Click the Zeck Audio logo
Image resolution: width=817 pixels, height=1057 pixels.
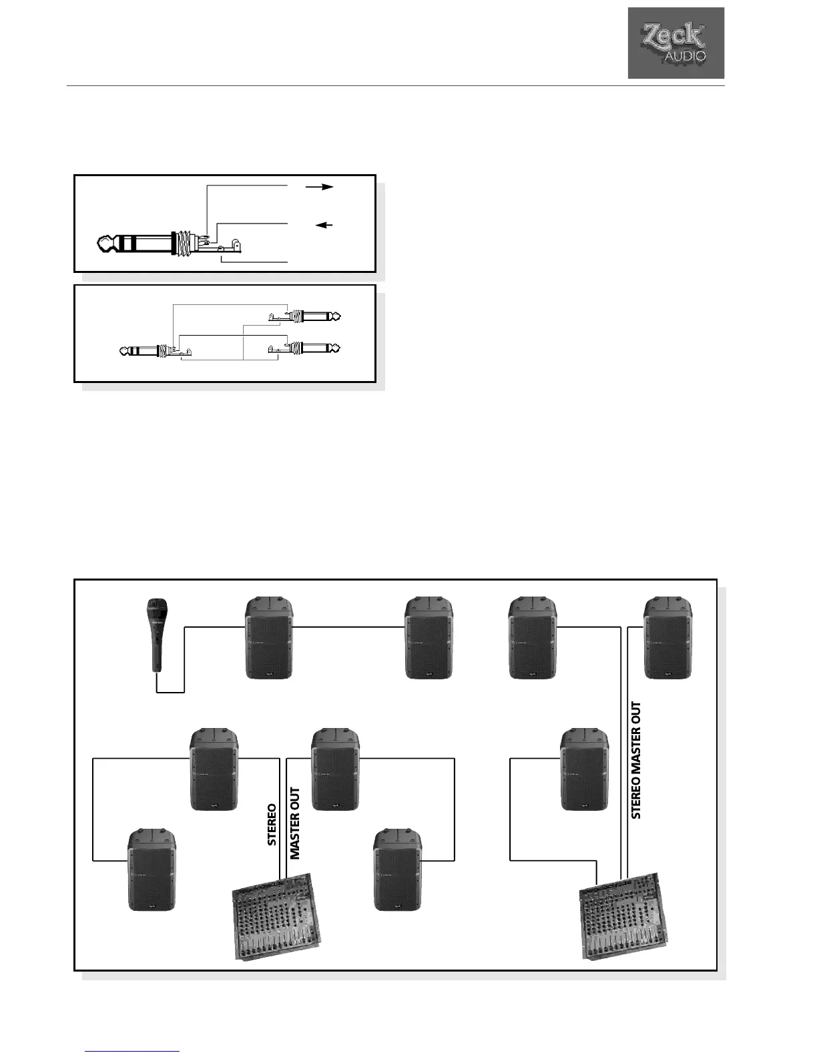click(675, 43)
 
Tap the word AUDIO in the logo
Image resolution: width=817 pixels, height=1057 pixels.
click(685, 57)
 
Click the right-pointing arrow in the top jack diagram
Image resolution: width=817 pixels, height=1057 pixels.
click(319, 188)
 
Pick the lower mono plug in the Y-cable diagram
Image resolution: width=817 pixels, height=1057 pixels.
click(314, 348)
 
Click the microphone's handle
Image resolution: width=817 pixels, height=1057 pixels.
click(157, 654)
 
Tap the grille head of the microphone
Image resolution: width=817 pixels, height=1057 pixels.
click(158, 611)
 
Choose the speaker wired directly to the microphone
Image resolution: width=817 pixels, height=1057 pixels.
click(269, 638)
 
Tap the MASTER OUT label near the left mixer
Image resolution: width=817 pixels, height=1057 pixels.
click(295, 823)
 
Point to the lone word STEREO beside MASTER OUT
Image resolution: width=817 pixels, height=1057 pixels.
click(272, 825)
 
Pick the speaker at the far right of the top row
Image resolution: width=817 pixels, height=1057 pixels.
click(668, 638)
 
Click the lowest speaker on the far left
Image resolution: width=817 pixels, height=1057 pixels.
click(152, 869)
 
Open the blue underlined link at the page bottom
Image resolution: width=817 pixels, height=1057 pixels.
click(133, 1052)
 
